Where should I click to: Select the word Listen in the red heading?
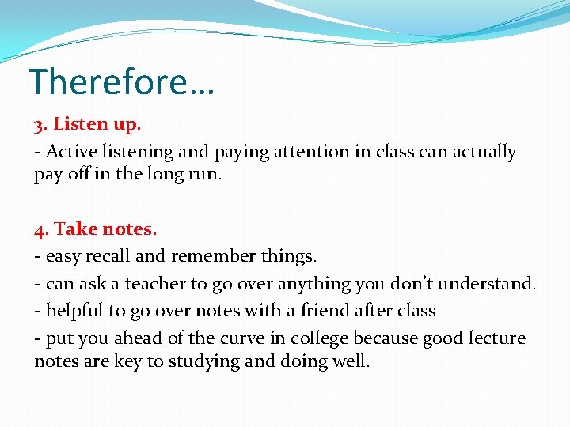pos(77,126)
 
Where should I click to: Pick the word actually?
pos(484,152)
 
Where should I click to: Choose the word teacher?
pos(147,283)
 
